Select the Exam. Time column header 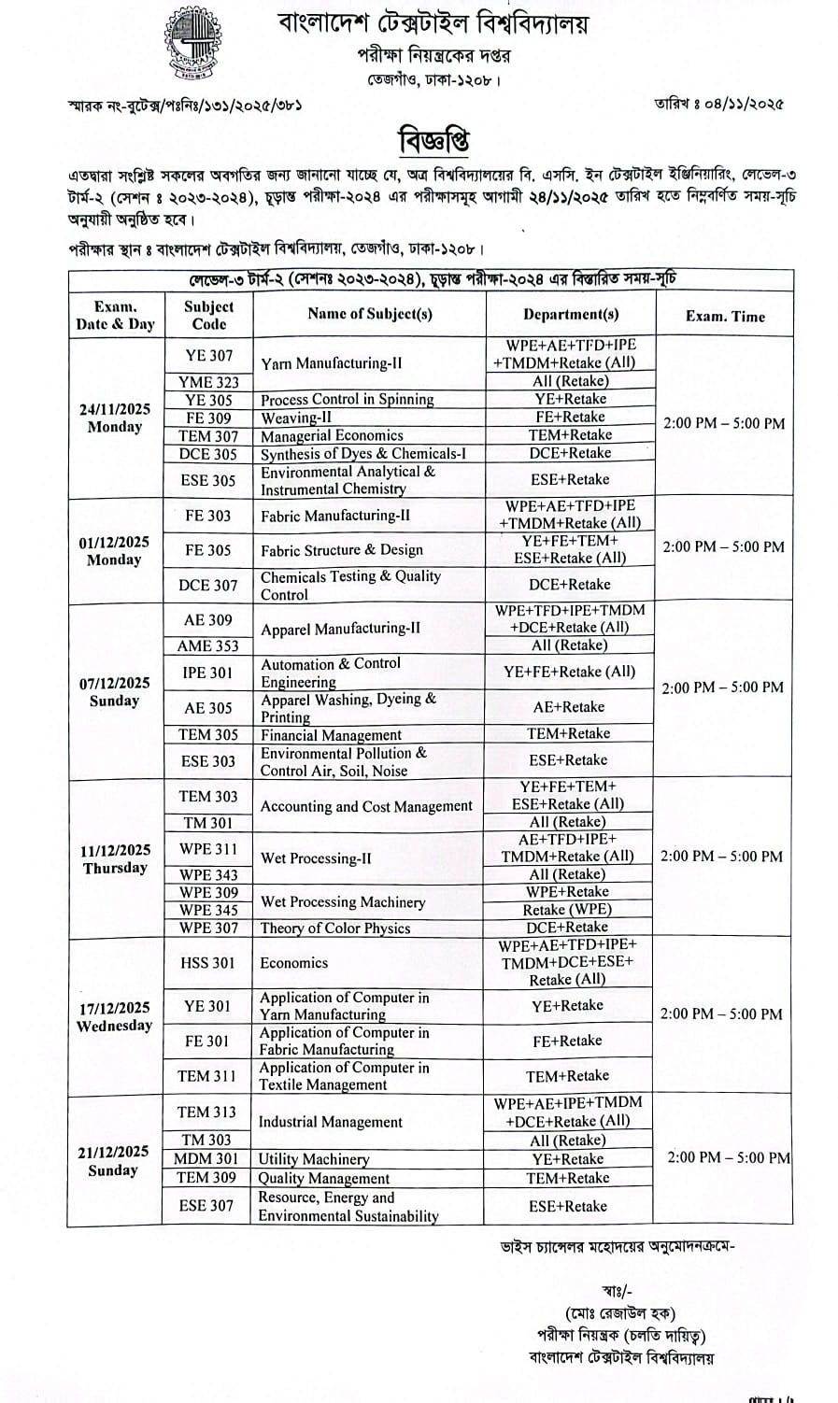click(x=725, y=316)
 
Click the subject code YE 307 click(x=208, y=355)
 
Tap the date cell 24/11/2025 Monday click(x=115, y=418)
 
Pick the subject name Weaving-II click(x=296, y=418)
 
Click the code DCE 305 click(x=208, y=453)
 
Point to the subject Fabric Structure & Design click(x=342, y=550)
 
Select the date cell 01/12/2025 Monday click(x=115, y=551)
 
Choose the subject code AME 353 click(x=208, y=645)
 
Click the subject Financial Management click(x=331, y=735)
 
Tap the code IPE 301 click(x=208, y=672)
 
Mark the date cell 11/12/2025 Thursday click(x=115, y=858)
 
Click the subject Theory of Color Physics click(x=335, y=928)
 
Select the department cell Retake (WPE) click(x=568, y=910)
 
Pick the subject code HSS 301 click(x=207, y=962)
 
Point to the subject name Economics click(x=294, y=962)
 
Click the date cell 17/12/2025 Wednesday click(x=115, y=1016)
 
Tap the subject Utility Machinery click(x=314, y=1159)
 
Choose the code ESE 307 click(x=206, y=1206)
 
